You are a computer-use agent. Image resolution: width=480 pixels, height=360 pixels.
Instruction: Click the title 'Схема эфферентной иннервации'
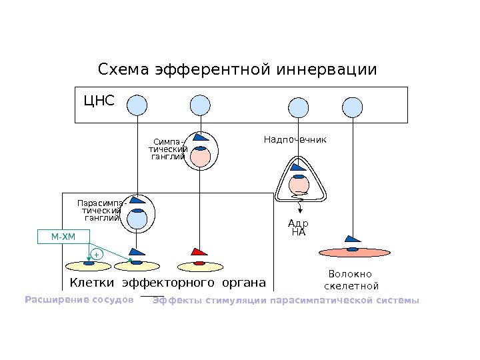click(237, 69)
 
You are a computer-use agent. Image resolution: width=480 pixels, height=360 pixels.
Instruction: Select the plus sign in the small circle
click(96, 255)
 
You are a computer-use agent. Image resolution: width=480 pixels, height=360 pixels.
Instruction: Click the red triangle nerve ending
click(199, 252)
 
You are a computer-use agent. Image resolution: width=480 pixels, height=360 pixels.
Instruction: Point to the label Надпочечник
click(295, 140)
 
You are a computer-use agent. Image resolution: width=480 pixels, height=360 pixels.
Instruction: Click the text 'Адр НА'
click(299, 228)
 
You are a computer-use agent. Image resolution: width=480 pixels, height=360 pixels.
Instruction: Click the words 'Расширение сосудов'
click(79, 300)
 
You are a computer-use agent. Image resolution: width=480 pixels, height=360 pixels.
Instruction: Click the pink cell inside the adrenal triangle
click(299, 183)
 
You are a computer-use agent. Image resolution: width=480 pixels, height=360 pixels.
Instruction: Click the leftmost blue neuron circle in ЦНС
click(137, 105)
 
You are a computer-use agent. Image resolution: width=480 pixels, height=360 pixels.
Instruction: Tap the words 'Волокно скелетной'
click(351, 280)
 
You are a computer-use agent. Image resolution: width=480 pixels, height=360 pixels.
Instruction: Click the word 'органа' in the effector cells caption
click(243, 282)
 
